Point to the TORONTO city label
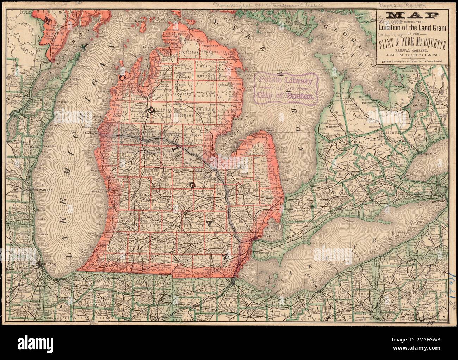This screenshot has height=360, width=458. coord(430,154)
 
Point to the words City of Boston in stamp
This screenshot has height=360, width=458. coord(286,95)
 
